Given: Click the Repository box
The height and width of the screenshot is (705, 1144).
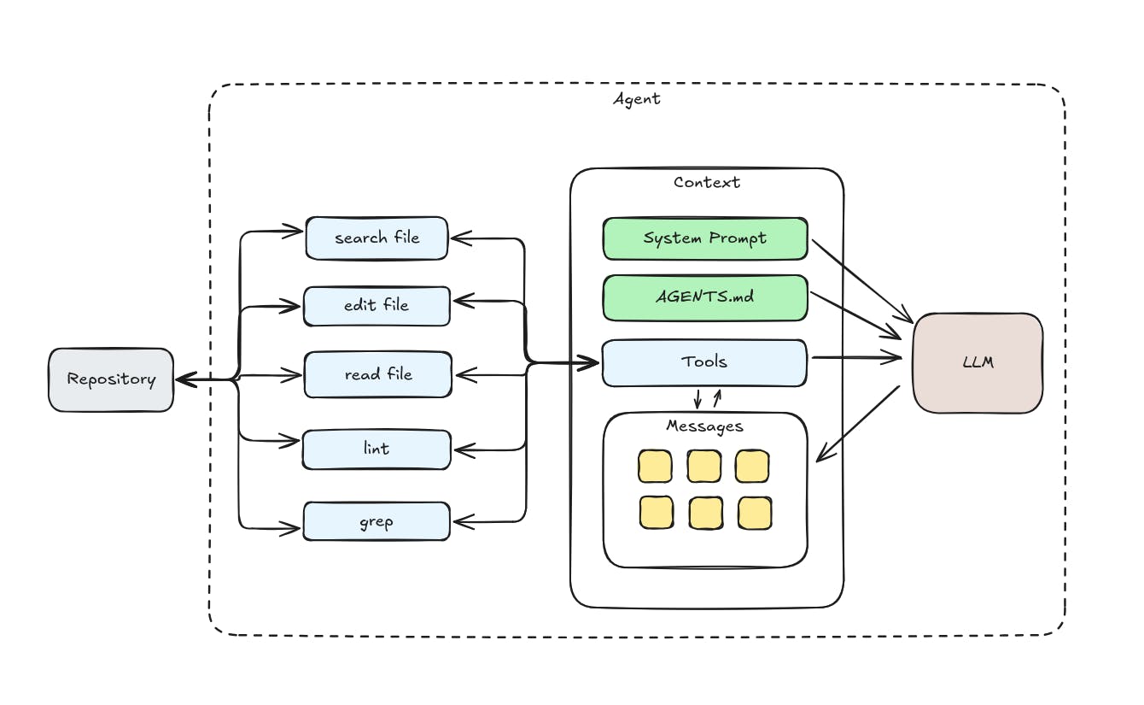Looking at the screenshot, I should pyautogui.click(x=111, y=379).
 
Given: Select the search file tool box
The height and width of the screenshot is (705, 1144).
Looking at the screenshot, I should pyautogui.click(x=376, y=238).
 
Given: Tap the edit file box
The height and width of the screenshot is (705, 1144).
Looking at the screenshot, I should pyautogui.click(x=376, y=305).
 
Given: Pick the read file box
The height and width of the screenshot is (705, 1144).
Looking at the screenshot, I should pyautogui.click(x=377, y=374).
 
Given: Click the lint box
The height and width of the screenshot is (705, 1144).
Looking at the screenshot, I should pyautogui.click(x=376, y=449).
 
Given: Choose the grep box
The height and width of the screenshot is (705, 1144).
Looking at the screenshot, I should pyautogui.click(x=376, y=520).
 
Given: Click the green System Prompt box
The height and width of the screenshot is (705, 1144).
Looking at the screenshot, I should pyautogui.click(x=705, y=238).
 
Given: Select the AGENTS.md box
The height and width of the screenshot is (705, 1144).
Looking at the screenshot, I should pyautogui.click(x=705, y=297).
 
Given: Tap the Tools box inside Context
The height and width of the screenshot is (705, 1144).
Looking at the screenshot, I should pyautogui.click(x=705, y=361).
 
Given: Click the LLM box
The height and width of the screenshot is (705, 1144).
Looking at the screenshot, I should pyautogui.click(x=978, y=363).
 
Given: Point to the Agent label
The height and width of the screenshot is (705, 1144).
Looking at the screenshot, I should pyautogui.click(x=637, y=99).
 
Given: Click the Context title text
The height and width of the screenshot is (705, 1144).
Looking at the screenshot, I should pyautogui.click(x=707, y=182).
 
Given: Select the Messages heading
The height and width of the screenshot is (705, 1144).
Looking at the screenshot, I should pyautogui.click(x=705, y=426).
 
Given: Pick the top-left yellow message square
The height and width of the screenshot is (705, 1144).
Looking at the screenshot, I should pyautogui.click(x=656, y=466).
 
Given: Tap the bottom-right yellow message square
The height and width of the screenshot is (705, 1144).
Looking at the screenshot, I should pyautogui.click(x=755, y=513).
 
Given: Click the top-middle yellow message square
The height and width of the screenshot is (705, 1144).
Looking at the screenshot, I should pyautogui.click(x=705, y=466).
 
